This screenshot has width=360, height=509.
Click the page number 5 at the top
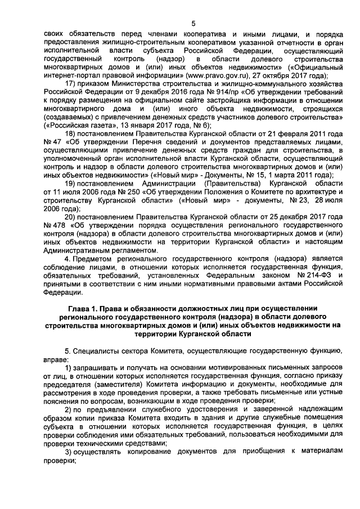(193, 23)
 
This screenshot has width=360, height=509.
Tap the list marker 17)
(71, 85)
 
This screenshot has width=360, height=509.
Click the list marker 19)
(71, 183)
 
